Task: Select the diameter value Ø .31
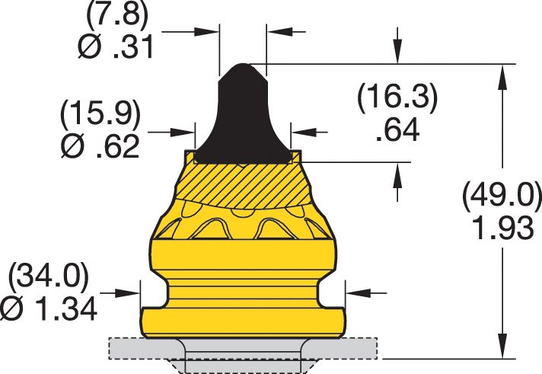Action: coord(116,48)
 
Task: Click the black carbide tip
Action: coord(242,114)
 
